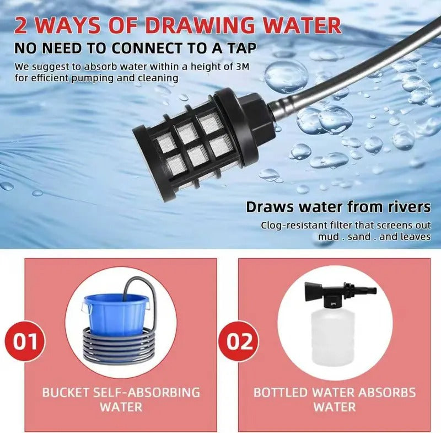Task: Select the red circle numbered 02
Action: pos(238,341)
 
